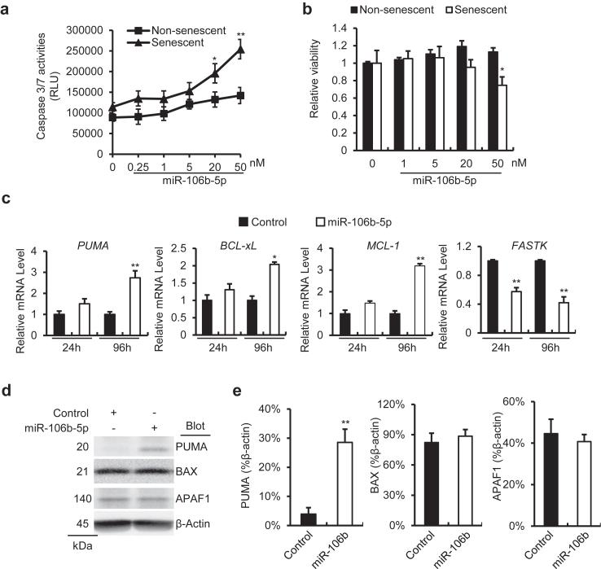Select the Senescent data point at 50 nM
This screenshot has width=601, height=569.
[x=240, y=50]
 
